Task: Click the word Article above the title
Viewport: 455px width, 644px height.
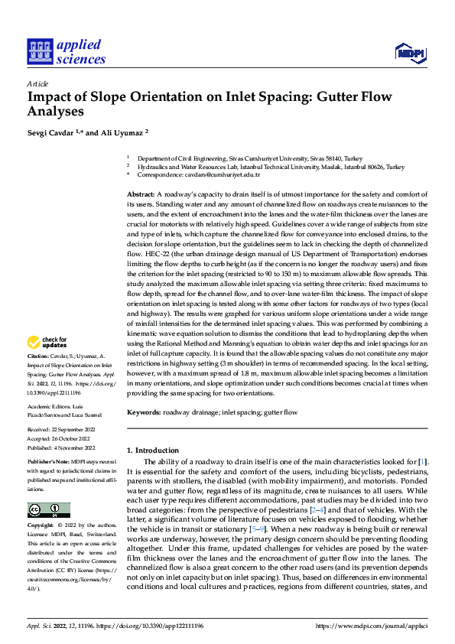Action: pos(37,83)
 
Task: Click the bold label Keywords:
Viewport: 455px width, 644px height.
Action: pos(144,412)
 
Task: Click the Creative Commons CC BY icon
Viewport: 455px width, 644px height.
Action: pos(48,510)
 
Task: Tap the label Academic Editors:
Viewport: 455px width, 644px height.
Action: pos(50,407)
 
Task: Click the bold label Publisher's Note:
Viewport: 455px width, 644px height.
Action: pos(45,463)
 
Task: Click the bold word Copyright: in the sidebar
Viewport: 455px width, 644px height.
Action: pos(41,525)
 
